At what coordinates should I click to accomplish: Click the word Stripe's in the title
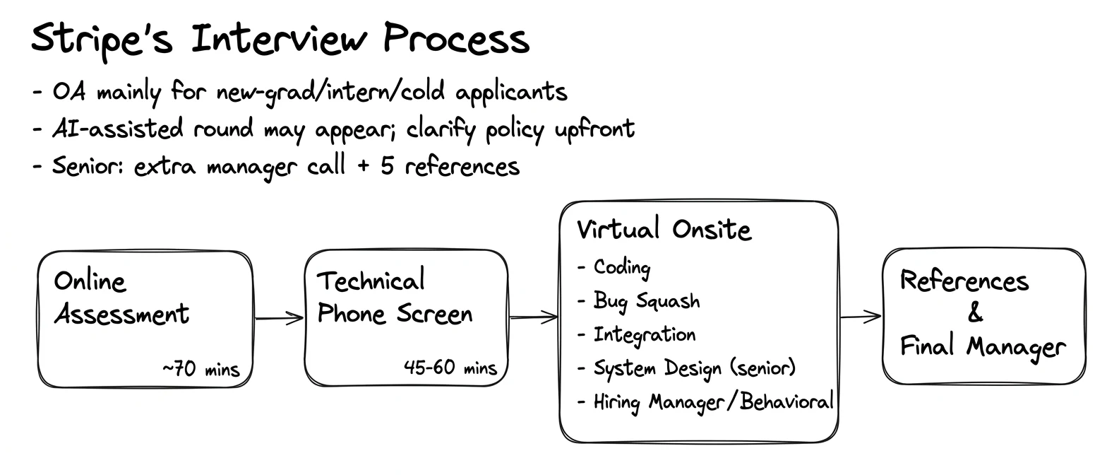102,40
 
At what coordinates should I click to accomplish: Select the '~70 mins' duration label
201,369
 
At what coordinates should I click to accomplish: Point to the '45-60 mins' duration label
450,368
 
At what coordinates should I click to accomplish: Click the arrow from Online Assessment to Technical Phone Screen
280,317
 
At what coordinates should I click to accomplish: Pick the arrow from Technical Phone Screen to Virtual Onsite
534,317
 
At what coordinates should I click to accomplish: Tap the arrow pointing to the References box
861,316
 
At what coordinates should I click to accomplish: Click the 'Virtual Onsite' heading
664,229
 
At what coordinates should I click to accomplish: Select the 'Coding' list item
622,268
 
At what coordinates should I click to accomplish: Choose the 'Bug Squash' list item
647,301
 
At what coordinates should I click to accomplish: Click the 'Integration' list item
645,335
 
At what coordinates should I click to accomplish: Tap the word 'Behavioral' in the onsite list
786,401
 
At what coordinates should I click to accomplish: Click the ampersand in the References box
975,312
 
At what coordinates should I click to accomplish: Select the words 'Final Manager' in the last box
983,346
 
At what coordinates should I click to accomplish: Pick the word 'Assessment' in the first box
121,314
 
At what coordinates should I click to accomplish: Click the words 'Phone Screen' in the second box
395,314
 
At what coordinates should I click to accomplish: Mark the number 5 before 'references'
387,165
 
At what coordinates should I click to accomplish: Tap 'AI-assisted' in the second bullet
118,129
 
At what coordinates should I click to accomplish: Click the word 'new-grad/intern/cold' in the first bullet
330,92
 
